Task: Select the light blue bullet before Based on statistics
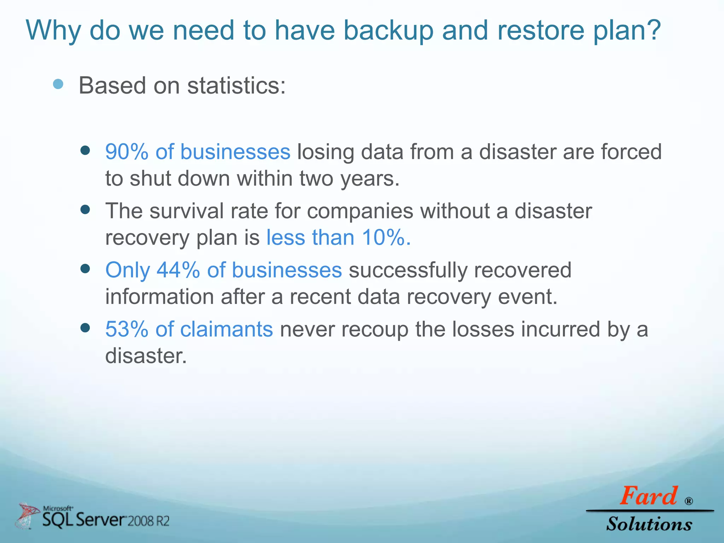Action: tap(58, 84)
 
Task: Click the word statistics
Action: tap(236, 86)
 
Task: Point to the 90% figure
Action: tap(127, 152)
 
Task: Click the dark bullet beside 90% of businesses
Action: tap(85, 151)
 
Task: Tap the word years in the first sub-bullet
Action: tap(369, 179)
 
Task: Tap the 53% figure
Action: tap(127, 329)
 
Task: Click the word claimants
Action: tap(226, 329)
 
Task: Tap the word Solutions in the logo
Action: tap(649, 524)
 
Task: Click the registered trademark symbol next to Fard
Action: tap(689, 501)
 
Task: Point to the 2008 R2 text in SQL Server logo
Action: tap(148, 521)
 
